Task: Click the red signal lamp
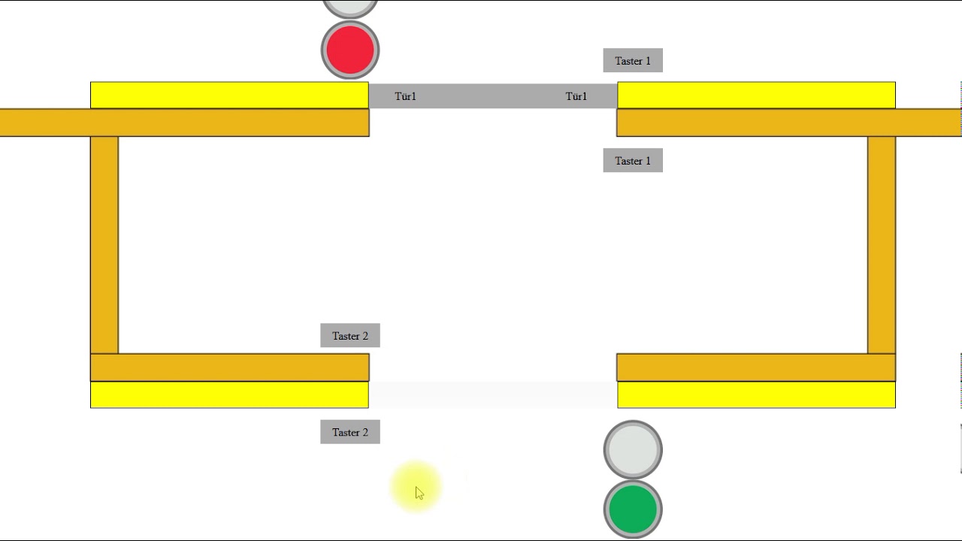(350, 50)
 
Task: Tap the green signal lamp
(633, 509)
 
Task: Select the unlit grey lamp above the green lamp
(633, 450)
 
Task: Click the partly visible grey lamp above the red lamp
(350, 8)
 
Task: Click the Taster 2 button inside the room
(350, 335)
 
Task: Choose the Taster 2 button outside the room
(350, 432)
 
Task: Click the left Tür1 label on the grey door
(405, 96)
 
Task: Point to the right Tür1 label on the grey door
(576, 96)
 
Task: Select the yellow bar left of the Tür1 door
(229, 95)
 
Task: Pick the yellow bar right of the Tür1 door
(756, 95)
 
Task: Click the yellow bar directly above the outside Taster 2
(229, 394)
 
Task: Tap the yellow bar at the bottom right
(756, 394)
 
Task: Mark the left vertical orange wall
(104, 245)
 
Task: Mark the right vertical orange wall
(882, 245)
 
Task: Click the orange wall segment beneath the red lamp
(185, 122)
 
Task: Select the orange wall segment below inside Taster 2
(230, 367)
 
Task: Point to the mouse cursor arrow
(419, 493)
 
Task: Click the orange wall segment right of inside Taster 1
(789, 122)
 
